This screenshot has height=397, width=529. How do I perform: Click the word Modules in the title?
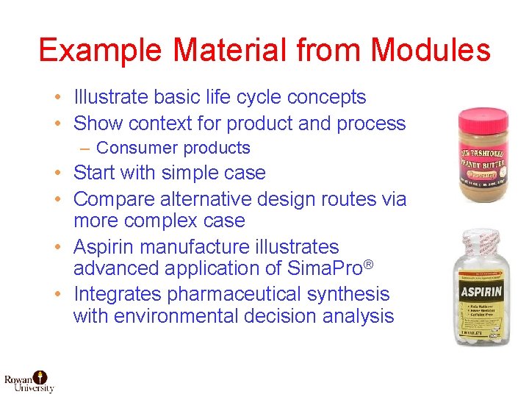(431, 50)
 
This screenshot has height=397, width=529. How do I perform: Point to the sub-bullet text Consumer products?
(173, 148)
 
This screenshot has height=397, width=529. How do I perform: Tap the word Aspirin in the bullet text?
(107, 247)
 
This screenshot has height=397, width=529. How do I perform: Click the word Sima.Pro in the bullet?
(324, 268)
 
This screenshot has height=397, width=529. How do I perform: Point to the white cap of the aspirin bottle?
(481, 246)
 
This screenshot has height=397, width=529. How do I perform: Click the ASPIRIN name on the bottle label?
(481, 292)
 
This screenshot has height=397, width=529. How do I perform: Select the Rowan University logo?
(29, 379)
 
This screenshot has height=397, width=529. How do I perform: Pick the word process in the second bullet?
(370, 123)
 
